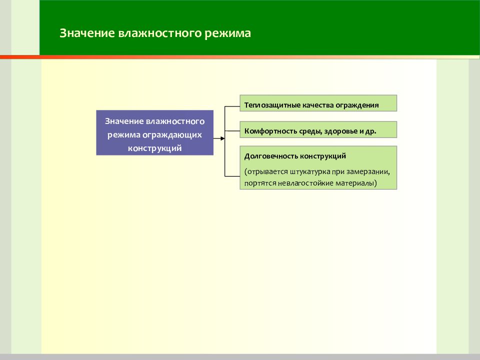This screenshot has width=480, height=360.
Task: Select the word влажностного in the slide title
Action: pos(159,33)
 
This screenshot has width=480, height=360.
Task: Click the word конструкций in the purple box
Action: pos(154,148)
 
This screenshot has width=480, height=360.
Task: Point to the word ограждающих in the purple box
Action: pos(172,135)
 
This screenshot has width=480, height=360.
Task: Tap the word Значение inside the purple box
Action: pos(124,121)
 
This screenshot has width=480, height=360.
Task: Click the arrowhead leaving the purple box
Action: pos(222,138)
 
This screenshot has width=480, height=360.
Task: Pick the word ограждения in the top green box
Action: pos(357,105)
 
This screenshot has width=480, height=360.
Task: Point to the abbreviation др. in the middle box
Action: pos(370,131)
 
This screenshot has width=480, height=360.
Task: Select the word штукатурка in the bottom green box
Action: pos(309,171)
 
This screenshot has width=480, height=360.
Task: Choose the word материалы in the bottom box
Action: pos(356,183)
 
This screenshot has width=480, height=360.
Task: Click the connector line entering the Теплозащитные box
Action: pos(232,106)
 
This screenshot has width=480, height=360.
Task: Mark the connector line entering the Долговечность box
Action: pos(232,176)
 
